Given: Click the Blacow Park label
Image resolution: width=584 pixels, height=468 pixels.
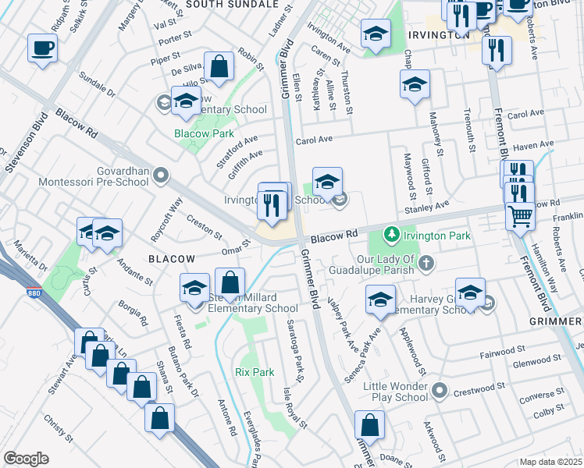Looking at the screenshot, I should (x=193, y=133).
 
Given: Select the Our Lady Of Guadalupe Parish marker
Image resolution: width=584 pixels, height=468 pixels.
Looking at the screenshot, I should (x=426, y=262).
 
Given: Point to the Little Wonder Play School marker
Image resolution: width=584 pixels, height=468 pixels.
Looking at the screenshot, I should (x=440, y=389).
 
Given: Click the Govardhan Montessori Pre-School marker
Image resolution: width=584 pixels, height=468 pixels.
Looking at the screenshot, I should (x=162, y=175).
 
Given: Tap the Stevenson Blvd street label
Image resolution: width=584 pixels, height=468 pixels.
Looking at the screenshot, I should (x=20, y=140).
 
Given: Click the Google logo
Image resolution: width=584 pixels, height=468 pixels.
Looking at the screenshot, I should (x=26, y=459).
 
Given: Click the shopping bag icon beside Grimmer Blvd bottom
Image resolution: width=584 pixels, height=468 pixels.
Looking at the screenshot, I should (x=369, y=425).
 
